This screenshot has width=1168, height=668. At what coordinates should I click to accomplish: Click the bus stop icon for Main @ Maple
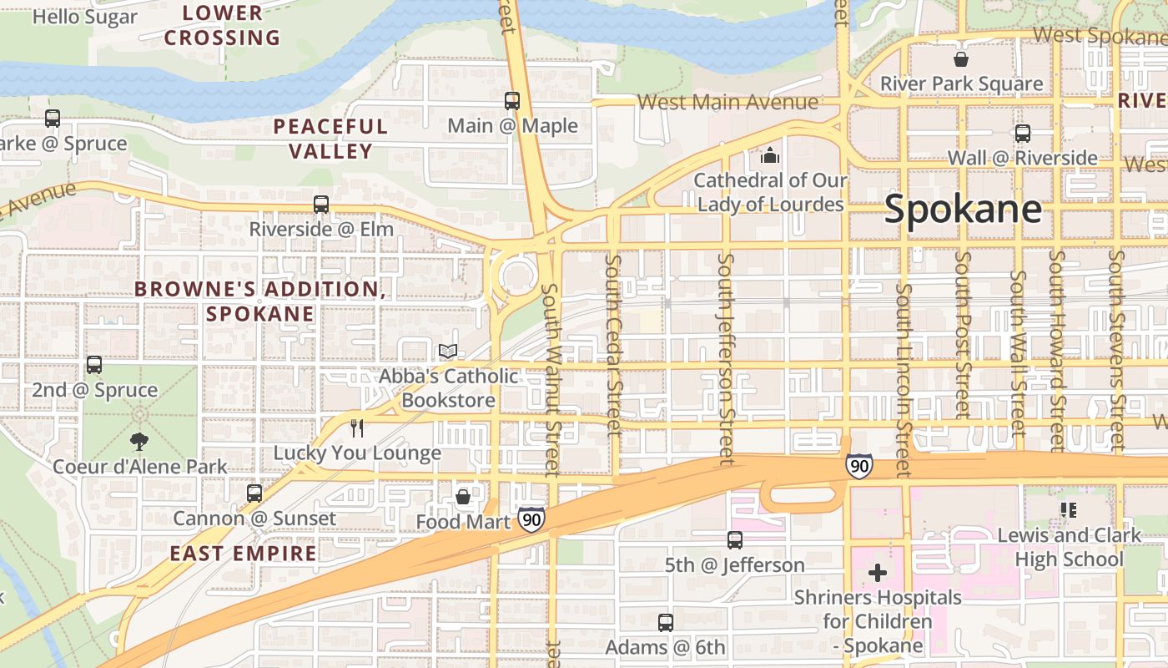(x=512, y=101)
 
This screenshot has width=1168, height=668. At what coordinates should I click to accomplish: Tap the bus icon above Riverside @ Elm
(x=321, y=204)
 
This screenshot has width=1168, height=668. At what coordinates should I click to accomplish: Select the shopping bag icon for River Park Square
(x=961, y=59)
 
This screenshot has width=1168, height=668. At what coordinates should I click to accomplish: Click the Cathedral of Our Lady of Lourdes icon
(x=769, y=156)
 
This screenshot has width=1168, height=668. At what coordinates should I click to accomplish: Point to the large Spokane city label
(x=963, y=209)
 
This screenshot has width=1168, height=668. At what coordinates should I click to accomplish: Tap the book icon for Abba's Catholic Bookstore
(x=448, y=352)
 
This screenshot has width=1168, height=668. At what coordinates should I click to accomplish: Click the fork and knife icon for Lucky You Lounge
(x=357, y=428)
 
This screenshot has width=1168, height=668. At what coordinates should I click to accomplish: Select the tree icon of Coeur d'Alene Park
(x=139, y=442)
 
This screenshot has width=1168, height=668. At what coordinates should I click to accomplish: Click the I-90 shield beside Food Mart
(x=531, y=519)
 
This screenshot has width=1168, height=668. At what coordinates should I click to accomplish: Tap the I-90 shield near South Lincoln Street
(x=858, y=466)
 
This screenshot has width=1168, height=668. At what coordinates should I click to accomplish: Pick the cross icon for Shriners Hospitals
(x=878, y=573)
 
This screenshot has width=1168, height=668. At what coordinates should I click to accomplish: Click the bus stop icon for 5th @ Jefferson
(x=735, y=540)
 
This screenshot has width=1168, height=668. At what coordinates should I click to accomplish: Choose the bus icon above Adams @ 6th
(x=665, y=622)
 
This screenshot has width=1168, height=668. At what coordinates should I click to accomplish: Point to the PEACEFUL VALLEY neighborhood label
(x=330, y=139)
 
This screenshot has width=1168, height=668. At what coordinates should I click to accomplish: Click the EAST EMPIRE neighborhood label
(x=244, y=553)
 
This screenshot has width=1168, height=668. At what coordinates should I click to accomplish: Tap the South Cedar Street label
(x=614, y=345)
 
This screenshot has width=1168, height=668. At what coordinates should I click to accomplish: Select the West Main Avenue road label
(x=727, y=102)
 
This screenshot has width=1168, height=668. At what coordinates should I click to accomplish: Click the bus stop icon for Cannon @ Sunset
(x=254, y=493)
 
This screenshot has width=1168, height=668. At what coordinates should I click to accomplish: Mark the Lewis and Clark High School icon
(x=1068, y=509)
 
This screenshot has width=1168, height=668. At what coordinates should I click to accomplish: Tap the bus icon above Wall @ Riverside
(x=1023, y=134)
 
